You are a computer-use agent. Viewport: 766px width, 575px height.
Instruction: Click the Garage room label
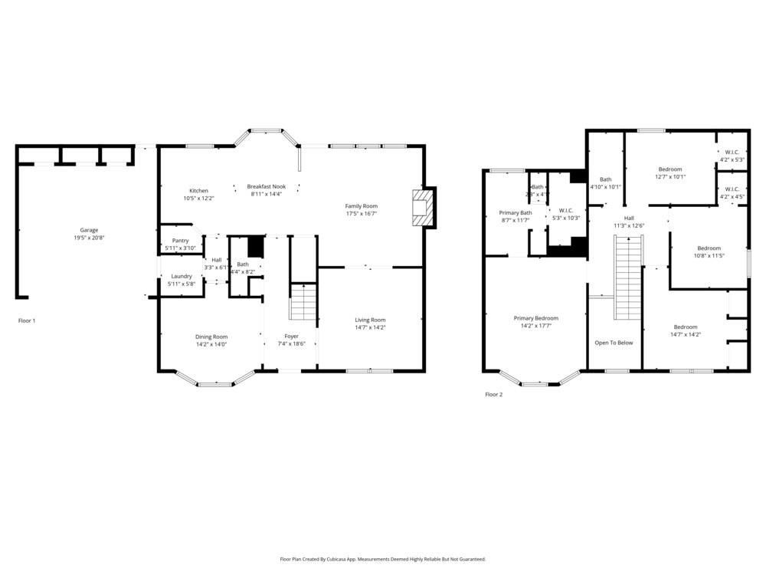pyautogui.click(x=89, y=230)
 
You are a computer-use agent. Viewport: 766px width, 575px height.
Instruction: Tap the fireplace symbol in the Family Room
pyautogui.click(x=420, y=207)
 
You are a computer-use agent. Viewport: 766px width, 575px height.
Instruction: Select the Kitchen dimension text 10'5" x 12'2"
pyautogui.click(x=198, y=199)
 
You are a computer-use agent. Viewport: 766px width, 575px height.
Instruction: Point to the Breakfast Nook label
pyautogui.click(x=266, y=186)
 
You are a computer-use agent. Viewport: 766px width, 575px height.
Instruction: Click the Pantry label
pyautogui.click(x=180, y=241)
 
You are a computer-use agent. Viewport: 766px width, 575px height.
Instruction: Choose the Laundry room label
pyautogui.click(x=182, y=276)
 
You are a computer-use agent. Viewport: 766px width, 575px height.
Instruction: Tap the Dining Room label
pyautogui.click(x=211, y=337)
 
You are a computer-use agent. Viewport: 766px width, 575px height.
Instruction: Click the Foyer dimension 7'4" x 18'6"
pyautogui.click(x=291, y=344)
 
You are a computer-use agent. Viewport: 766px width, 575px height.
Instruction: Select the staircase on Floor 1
pyautogui.click(x=303, y=302)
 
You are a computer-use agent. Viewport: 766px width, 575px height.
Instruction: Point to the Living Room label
pyautogui.click(x=370, y=320)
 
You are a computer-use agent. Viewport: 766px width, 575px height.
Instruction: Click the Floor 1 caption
pyautogui.click(x=27, y=320)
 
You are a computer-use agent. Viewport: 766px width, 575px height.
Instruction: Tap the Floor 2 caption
pyautogui.click(x=494, y=395)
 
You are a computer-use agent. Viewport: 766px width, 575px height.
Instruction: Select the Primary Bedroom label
pyautogui.click(x=535, y=318)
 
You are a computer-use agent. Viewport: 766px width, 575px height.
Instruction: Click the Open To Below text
pyautogui.click(x=614, y=343)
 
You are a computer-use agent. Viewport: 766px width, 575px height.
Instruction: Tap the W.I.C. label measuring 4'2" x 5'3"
pyautogui.click(x=732, y=152)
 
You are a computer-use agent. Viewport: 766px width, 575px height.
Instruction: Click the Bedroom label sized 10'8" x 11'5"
pyautogui.click(x=709, y=248)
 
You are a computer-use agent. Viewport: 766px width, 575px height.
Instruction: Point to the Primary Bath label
pyautogui.click(x=515, y=212)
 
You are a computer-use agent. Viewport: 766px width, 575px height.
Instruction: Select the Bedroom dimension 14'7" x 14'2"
pyautogui.click(x=686, y=334)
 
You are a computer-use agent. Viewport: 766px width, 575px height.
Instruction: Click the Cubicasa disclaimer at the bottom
pyautogui.click(x=383, y=560)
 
